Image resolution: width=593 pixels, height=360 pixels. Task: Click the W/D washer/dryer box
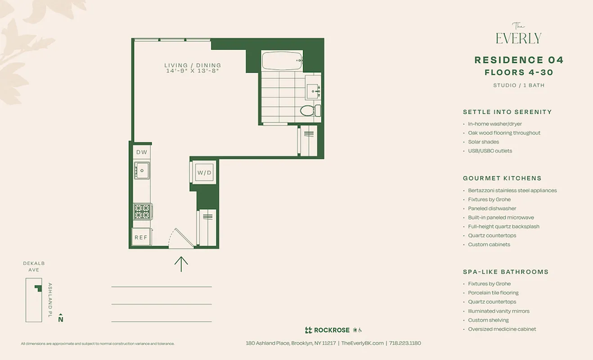point(204,172)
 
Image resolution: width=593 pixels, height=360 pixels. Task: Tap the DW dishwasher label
point(142,152)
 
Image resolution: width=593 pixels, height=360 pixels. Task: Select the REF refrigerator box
point(141,237)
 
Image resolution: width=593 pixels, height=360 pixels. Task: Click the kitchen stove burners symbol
point(142,211)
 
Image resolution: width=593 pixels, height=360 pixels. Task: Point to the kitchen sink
point(142,171)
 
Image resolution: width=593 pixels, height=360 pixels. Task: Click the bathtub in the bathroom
point(281,61)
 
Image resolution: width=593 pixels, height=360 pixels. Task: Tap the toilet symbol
point(309,110)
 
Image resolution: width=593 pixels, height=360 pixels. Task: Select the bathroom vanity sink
point(313,92)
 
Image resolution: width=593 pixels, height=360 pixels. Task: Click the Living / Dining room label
point(193,65)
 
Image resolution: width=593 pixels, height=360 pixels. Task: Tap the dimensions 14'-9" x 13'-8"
point(193,71)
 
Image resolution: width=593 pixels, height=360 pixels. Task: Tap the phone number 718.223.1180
point(405,343)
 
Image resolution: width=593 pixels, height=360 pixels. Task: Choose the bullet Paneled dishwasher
point(492,208)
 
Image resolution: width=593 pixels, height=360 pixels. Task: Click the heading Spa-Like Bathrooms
point(505,272)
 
